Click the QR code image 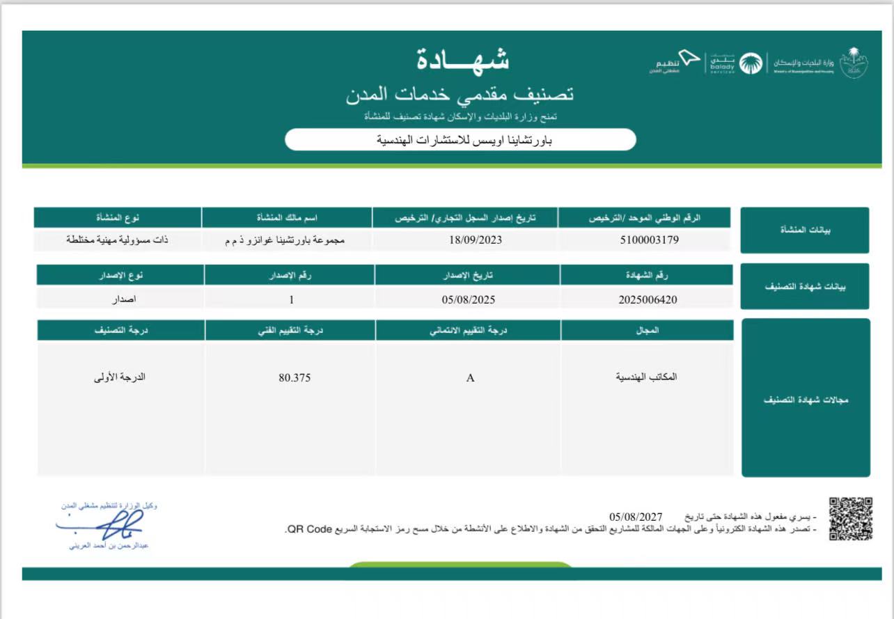click(x=851, y=518)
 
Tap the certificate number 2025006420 click(x=648, y=300)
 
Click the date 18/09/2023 click(x=476, y=240)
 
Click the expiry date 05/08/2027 click(x=636, y=517)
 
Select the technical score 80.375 click(x=295, y=378)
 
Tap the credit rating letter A click(x=470, y=378)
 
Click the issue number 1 click(x=292, y=300)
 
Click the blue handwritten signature click(x=111, y=524)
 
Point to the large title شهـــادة click(x=463, y=61)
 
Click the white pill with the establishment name click(x=460, y=140)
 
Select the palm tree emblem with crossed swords click(x=854, y=63)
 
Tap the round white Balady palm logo click(x=751, y=63)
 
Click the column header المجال click(x=648, y=331)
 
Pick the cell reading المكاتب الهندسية click(x=646, y=377)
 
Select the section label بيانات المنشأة click(x=805, y=230)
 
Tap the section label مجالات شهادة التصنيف click(x=805, y=400)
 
